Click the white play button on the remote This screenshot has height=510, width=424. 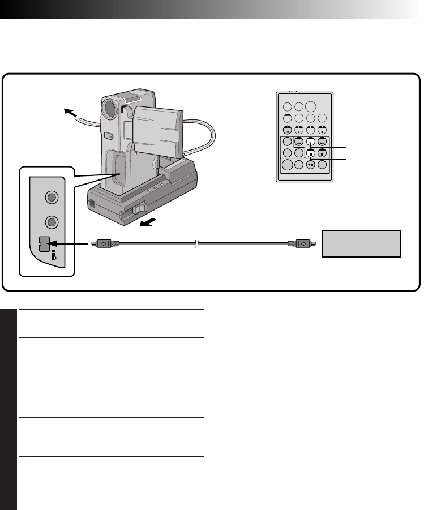311,143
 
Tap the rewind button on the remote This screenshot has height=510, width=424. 299,143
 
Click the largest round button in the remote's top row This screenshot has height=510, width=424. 311,106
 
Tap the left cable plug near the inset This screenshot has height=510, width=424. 105,244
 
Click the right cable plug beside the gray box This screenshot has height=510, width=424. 298,244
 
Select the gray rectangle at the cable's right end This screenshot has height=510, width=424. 361,243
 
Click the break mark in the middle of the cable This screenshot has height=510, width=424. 195,244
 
